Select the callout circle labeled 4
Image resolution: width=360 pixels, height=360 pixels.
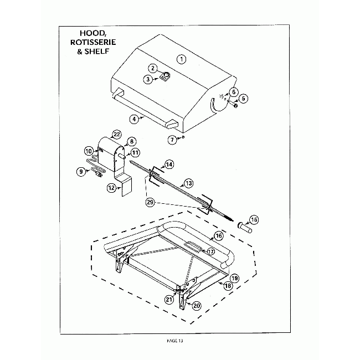(134, 119)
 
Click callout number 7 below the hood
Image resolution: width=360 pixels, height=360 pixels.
(172, 138)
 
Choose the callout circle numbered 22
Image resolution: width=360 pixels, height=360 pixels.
(117, 134)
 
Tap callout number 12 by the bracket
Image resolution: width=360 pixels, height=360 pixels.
(111, 188)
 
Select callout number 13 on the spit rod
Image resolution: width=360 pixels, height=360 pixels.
(188, 182)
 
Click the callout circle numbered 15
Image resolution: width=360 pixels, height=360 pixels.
(254, 220)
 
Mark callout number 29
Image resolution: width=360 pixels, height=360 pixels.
(150, 203)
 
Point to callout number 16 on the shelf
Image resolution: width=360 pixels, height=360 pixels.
(218, 236)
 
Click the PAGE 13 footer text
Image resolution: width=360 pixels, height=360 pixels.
(173, 341)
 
